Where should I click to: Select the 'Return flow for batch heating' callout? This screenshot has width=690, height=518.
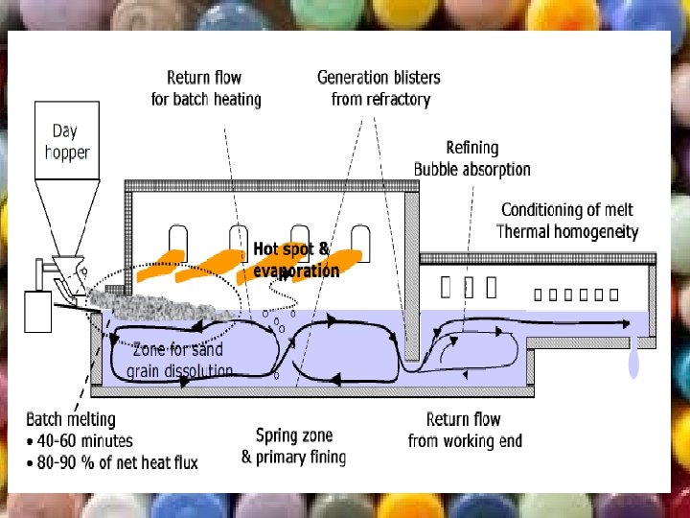(204, 87)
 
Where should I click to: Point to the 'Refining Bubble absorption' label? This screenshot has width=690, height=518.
(471, 158)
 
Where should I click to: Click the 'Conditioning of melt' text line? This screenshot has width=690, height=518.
(566, 210)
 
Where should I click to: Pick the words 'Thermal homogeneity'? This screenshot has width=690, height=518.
(566, 231)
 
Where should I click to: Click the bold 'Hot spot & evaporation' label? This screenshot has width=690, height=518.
(295, 259)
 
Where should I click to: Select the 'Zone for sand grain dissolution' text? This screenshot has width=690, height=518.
(181, 360)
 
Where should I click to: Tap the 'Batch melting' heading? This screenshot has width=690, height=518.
(70, 419)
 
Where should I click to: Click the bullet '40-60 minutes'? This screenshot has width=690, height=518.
(84, 441)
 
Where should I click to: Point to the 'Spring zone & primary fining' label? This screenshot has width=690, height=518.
(293, 446)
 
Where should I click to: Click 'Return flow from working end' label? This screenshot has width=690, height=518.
(464, 430)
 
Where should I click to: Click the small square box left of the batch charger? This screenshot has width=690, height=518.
(37, 310)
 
